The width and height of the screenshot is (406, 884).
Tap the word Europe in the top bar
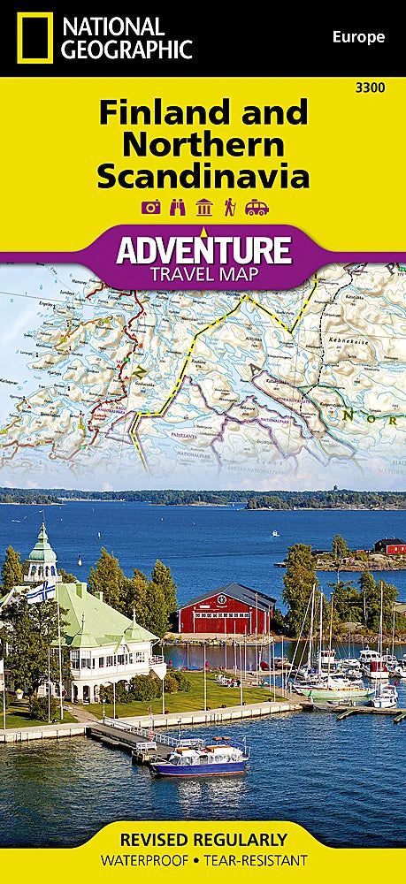pyautogui.click(x=358, y=36)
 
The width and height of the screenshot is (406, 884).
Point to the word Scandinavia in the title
pyautogui.click(x=203, y=175)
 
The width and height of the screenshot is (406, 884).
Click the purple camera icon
pyautogui.click(x=150, y=208)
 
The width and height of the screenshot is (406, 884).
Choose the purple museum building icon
pyautogui.click(x=203, y=208)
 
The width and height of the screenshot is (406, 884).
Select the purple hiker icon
pyautogui.click(x=230, y=208)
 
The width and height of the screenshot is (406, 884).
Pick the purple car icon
pyautogui.click(x=257, y=208)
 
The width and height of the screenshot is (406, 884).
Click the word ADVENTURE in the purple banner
pyautogui.click(x=203, y=249)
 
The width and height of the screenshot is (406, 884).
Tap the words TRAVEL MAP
pyautogui.click(x=203, y=273)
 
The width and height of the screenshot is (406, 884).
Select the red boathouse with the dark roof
pyautogui.click(x=226, y=610)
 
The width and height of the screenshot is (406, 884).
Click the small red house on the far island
pyautogui.click(x=389, y=545)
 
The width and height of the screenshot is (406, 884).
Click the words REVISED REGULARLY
pyautogui.click(x=203, y=839)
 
